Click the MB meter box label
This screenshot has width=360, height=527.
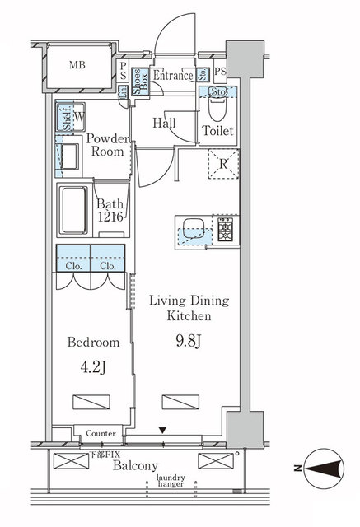pyautogui.click(x=76, y=65)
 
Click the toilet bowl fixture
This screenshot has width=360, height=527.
pyautogui.click(x=218, y=111)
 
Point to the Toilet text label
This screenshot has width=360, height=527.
pyautogui.click(x=218, y=132)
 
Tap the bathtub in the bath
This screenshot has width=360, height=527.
pyautogui.click(x=73, y=211)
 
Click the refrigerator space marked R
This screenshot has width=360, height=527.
pyautogui.click(x=223, y=163)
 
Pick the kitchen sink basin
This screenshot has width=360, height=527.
pyautogui.click(x=195, y=229)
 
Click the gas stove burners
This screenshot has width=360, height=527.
pyautogui.click(x=225, y=229)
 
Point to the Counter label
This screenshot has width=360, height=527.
pyautogui.click(x=101, y=433)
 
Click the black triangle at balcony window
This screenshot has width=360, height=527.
pyautogui.click(x=163, y=431)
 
